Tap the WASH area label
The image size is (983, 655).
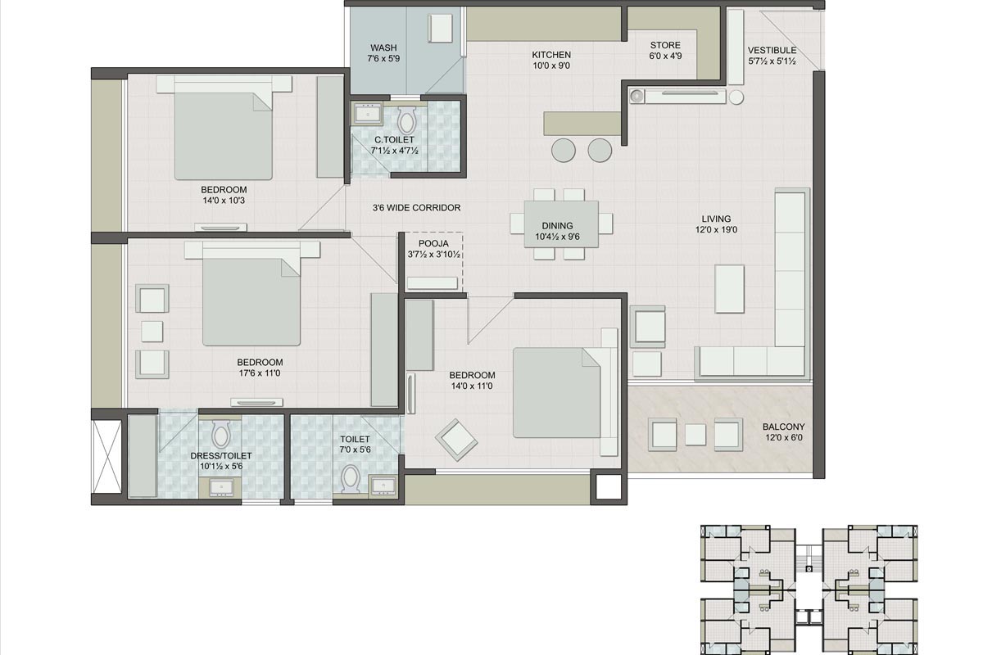tap(383, 48)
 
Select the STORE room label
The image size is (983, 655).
tap(665, 45)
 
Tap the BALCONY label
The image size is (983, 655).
tap(783, 427)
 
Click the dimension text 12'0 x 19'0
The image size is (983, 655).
tap(715, 230)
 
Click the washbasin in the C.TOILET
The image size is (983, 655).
tap(365, 112)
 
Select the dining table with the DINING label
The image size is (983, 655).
tap(561, 224)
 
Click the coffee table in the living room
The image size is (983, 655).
tap(729, 288)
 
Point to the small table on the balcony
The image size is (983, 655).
tap(695, 434)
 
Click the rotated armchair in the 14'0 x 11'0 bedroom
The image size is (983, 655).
tap(456, 439)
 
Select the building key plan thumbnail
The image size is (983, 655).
tap(809, 588)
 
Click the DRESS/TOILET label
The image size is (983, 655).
tap(221, 455)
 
